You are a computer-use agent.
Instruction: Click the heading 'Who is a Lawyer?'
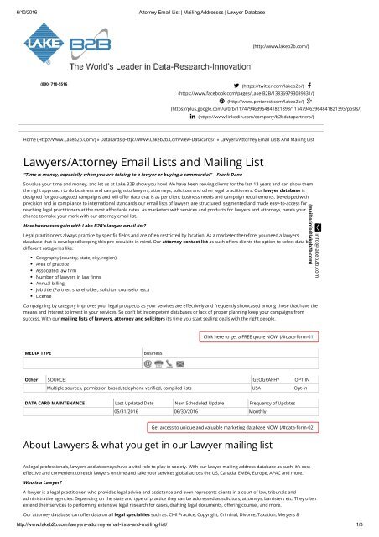[x=43, y=482]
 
